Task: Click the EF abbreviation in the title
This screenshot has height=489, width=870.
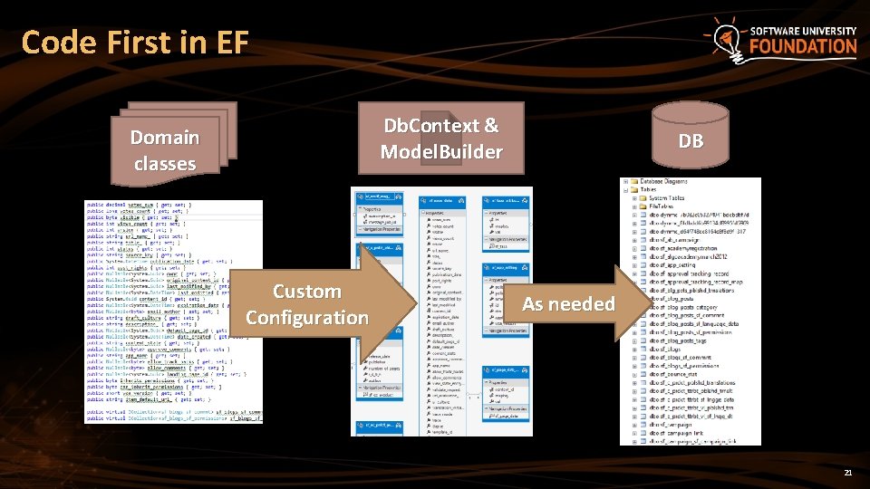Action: click(x=228, y=43)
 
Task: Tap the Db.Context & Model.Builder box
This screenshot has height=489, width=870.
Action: click(x=441, y=139)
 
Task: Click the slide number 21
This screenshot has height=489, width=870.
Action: click(x=847, y=473)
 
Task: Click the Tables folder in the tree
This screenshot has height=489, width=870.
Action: click(x=652, y=190)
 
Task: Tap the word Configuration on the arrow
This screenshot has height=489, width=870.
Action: click(x=307, y=318)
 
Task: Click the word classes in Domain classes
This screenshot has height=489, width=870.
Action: click(x=165, y=164)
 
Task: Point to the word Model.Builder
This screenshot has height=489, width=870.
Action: click(x=441, y=151)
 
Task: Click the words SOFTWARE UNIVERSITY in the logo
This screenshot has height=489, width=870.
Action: click(x=803, y=31)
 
